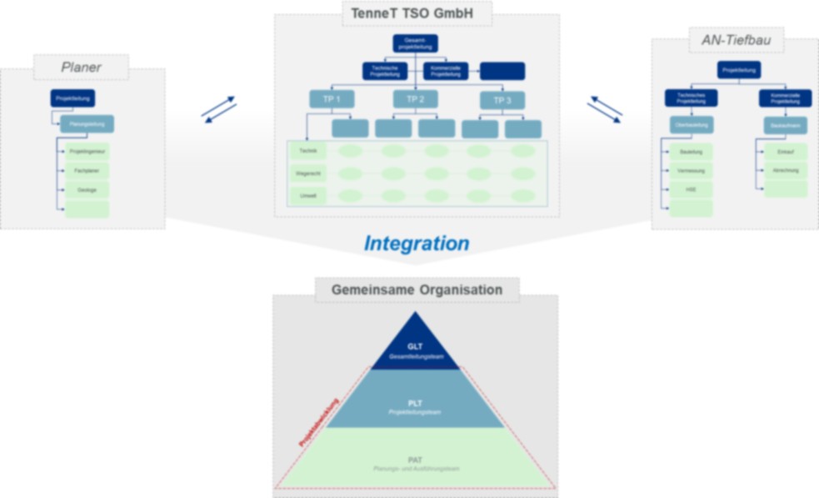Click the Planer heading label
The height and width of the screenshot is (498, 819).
tap(81, 67)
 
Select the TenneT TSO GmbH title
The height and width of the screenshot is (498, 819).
tap(417, 13)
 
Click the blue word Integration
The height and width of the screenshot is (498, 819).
tap(416, 244)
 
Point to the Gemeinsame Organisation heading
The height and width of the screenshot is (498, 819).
tap(417, 290)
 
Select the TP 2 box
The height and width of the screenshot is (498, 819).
tap(416, 99)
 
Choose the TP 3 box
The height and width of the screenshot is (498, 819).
tap(502, 100)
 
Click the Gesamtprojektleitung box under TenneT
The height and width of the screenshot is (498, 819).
tap(415, 43)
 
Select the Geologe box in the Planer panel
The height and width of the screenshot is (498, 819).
tap(87, 190)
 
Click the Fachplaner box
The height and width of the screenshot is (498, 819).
tap(87, 171)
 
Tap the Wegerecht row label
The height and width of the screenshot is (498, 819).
tap(307, 174)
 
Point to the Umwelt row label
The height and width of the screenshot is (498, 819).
tap(307, 196)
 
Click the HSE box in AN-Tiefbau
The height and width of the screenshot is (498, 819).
tap(692, 189)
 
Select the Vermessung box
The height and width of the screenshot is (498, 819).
tap(692, 170)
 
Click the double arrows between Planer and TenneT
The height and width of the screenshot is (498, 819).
tap(218, 109)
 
